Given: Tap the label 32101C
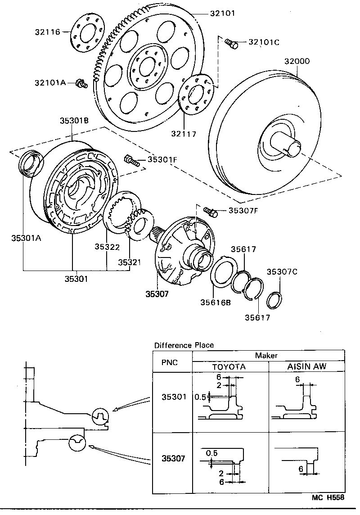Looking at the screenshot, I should point(264,42).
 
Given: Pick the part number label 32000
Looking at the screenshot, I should point(297,61).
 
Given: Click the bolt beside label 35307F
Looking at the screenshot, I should point(210,210).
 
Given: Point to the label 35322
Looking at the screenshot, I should point(107,247).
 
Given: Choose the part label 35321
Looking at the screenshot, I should point(130,262).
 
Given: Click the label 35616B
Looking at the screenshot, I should point(216,303).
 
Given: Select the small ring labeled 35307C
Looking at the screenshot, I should point(274,299).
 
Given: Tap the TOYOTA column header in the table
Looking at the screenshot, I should point(229,366).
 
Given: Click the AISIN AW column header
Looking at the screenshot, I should point(306,366).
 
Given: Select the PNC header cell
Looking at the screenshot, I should point(170,362).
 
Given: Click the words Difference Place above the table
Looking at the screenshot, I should point(184,345).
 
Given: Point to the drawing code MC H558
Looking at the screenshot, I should point(328,497).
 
